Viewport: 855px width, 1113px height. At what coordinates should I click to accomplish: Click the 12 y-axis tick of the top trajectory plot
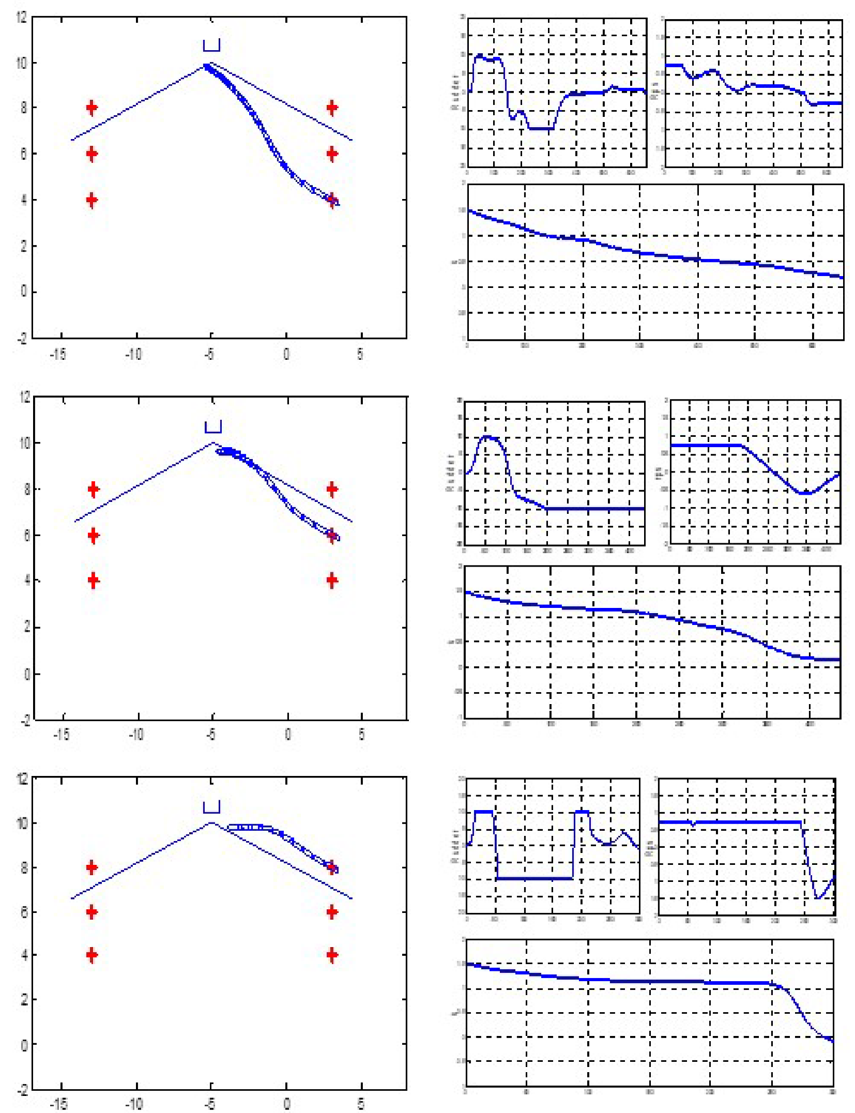tap(21, 17)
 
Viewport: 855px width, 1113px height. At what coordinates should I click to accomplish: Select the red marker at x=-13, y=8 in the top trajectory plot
tap(91, 108)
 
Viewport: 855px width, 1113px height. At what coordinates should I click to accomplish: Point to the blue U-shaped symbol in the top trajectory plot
tap(211, 45)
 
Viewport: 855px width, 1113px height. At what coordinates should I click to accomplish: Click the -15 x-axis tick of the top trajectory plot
tap(58, 354)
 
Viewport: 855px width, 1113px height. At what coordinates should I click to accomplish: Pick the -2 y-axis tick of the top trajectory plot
tap(22, 339)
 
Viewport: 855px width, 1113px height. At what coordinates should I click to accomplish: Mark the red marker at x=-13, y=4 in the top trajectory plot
tap(91, 200)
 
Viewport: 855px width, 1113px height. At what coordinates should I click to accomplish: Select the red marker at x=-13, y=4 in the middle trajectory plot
tap(93, 581)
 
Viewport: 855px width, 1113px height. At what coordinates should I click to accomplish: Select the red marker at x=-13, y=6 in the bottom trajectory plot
tap(91, 912)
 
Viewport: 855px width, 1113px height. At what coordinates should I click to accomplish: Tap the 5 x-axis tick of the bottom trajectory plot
tap(361, 1104)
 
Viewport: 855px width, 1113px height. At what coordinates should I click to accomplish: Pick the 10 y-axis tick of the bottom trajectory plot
tap(23, 823)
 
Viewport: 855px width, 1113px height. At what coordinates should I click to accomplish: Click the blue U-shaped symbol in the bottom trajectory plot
tap(211, 807)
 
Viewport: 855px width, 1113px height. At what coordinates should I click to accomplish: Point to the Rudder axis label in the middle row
tap(450, 472)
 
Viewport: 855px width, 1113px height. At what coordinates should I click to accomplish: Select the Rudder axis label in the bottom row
tap(455, 846)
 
